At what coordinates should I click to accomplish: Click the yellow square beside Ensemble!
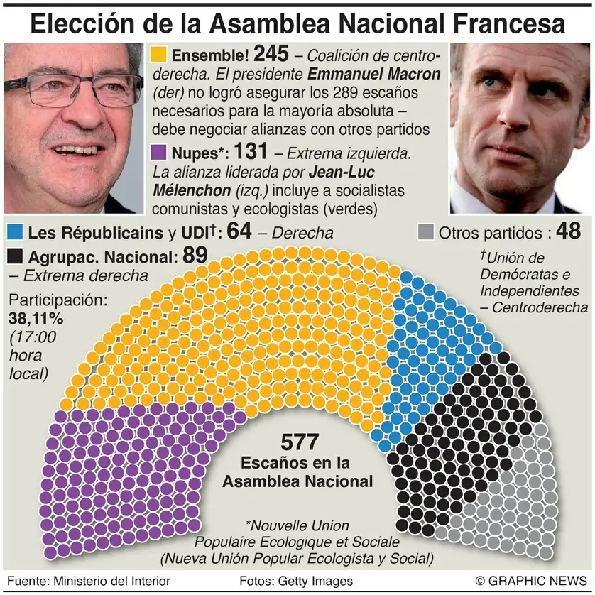(x=159, y=54)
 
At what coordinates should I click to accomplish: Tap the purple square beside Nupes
(x=159, y=152)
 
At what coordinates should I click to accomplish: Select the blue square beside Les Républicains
(x=14, y=232)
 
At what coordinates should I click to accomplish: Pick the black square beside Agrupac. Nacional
(x=14, y=256)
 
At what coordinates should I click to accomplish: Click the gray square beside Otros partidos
(x=426, y=232)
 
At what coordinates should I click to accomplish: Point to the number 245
(x=272, y=53)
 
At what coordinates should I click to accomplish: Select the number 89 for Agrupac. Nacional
(x=194, y=255)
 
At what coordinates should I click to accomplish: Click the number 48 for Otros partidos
(x=569, y=231)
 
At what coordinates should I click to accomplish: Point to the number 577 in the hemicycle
(x=297, y=442)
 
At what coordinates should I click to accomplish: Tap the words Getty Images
(x=316, y=581)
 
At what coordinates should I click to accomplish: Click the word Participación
(x=58, y=300)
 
